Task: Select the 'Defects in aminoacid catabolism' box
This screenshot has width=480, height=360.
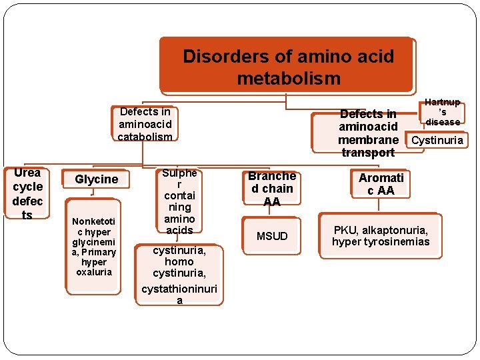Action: pyautogui.click(x=145, y=124)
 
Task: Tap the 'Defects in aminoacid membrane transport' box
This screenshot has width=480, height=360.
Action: pyautogui.click(x=368, y=133)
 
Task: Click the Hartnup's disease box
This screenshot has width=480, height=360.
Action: pyautogui.click(x=443, y=112)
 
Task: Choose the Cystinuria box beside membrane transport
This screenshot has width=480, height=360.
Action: pyautogui.click(x=438, y=140)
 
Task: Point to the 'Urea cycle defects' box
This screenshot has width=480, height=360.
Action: pyautogui.click(x=27, y=193)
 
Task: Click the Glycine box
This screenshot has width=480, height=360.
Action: pyautogui.click(x=96, y=179)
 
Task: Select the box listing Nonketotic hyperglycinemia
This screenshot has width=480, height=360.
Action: pyautogui.click(x=94, y=246)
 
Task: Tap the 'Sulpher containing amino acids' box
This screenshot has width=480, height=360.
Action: pyautogui.click(x=179, y=201)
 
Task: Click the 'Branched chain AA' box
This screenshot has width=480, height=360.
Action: pyautogui.click(x=271, y=189)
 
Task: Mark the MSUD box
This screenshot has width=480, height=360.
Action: pyautogui.click(x=272, y=236)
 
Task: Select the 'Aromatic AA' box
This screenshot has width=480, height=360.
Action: pyautogui.click(x=381, y=184)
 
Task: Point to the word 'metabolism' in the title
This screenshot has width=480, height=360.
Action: pyautogui.click(x=288, y=79)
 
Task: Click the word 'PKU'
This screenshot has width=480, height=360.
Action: pyautogui.click(x=345, y=230)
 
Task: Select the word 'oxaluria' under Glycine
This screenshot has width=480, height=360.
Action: pyautogui.click(x=94, y=272)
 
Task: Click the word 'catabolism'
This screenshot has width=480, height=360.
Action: pyautogui.click(x=145, y=137)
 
